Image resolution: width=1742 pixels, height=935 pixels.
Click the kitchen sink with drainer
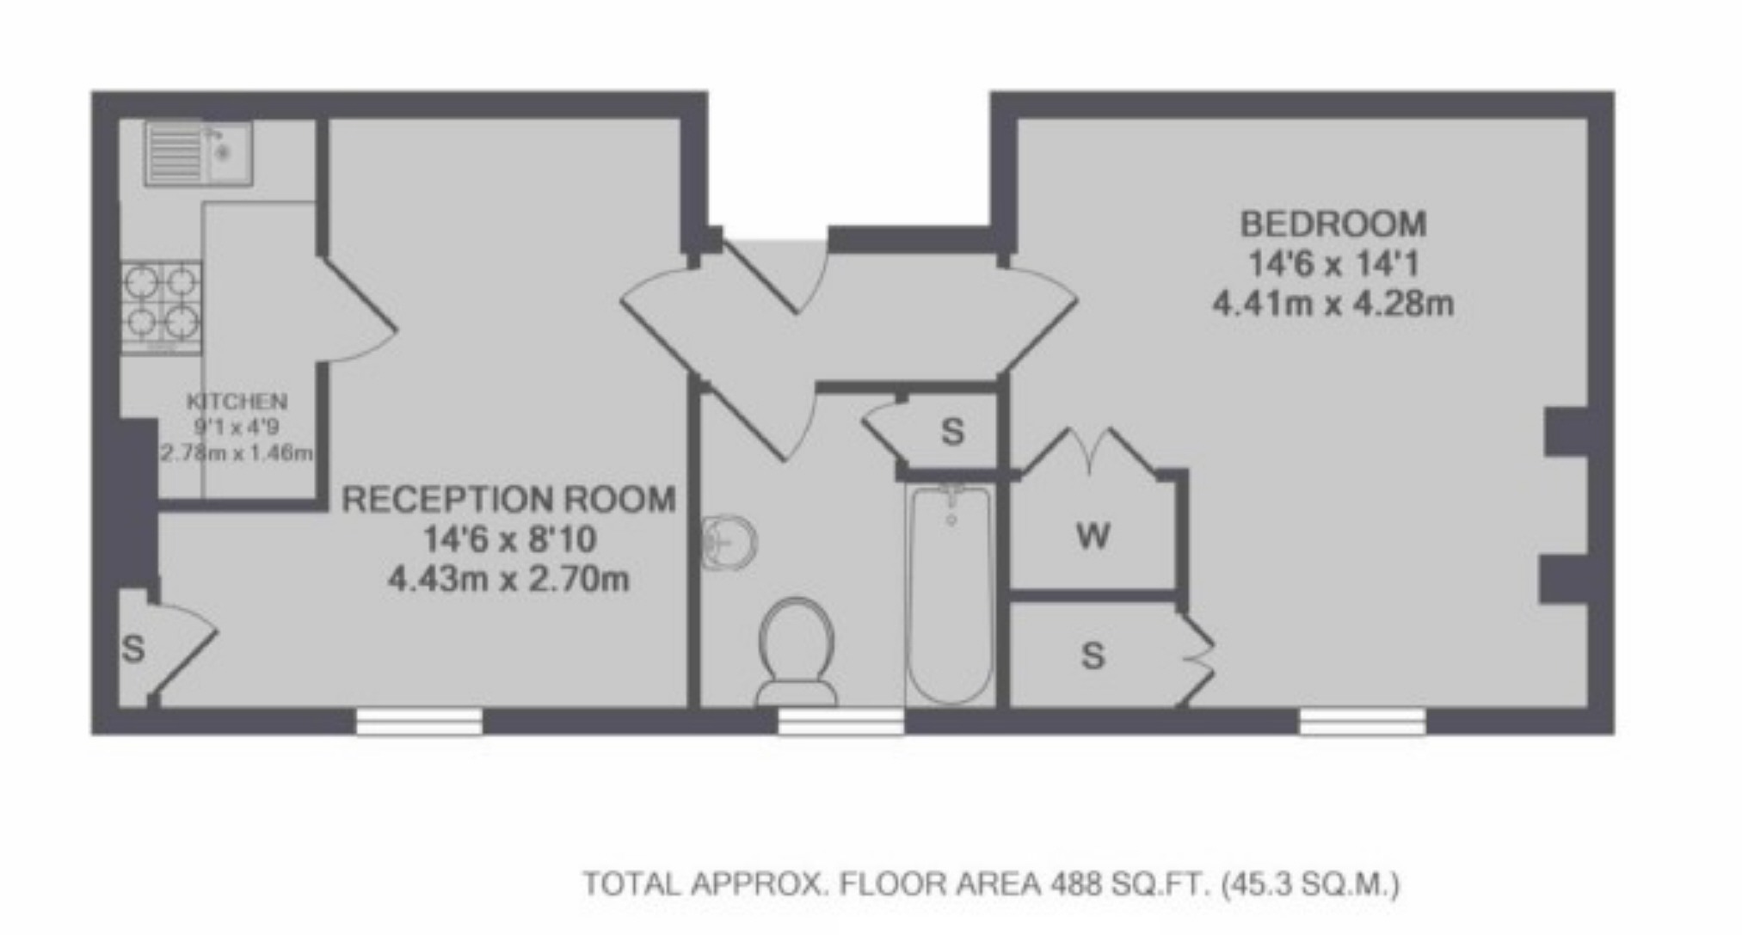pos(199,153)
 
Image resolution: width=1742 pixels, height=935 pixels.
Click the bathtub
pos(951,594)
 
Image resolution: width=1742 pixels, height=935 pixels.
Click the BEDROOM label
pos(1333,225)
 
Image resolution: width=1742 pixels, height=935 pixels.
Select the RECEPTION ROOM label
pos(508,500)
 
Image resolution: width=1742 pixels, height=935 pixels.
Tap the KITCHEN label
pos(237,401)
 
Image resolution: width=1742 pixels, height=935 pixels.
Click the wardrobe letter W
pos(1093,537)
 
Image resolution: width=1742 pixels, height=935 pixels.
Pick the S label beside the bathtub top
pos(952,432)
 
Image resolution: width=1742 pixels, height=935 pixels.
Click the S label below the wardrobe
pos(1093,656)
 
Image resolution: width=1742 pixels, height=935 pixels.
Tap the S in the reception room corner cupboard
pos(133,649)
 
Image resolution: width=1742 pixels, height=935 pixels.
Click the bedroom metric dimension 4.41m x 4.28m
pos(1333,304)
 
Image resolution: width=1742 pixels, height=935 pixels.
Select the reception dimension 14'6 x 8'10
pos(509,540)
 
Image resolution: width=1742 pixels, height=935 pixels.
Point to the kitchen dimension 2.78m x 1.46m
pos(237,452)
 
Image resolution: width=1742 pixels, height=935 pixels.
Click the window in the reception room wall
pos(419,721)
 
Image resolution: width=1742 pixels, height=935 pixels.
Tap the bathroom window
pos(840,721)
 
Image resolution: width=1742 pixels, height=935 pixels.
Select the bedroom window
pos(1362,721)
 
